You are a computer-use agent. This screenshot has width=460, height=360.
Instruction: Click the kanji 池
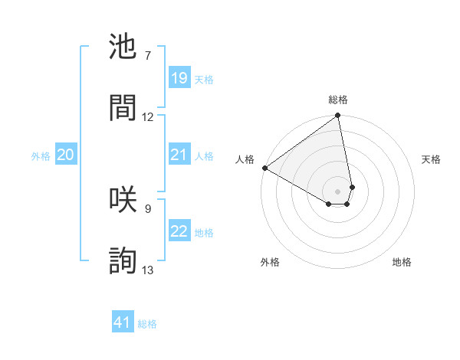(x=124, y=47)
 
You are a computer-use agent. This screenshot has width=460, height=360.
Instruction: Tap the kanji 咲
(x=124, y=198)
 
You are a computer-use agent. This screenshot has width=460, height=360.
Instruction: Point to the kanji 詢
(x=124, y=260)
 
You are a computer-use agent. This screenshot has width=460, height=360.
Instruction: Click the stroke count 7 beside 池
(x=148, y=56)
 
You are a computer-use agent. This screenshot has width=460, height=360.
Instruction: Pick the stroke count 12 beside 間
(x=148, y=116)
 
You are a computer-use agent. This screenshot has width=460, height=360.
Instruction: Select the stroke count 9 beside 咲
(x=148, y=208)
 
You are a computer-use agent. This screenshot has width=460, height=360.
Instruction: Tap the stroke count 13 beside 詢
(x=148, y=270)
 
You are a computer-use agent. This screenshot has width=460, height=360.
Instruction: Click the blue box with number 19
(x=179, y=77)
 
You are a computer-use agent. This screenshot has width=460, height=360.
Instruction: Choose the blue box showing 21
(x=179, y=155)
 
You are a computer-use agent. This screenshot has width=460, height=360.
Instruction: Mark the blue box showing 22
(x=179, y=231)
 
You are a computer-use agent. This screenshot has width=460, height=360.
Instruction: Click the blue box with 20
(x=66, y=155)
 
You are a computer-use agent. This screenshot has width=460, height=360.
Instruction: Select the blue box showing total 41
(x=123, y=322)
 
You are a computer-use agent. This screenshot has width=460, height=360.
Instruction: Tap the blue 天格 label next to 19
(x=204, y=79)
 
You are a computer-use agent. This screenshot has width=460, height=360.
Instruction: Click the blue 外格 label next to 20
(x=41, y=156)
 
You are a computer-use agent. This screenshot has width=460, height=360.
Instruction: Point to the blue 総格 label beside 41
(x=147, y=324)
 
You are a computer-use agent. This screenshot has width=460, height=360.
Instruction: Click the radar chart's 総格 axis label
(x=338, y=100)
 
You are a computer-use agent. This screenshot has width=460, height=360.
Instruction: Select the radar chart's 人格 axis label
(x=245, y=159)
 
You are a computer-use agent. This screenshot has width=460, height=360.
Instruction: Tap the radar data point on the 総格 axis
(x=337, y=116)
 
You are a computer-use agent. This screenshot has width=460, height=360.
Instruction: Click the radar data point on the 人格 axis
(x=264, y=168)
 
